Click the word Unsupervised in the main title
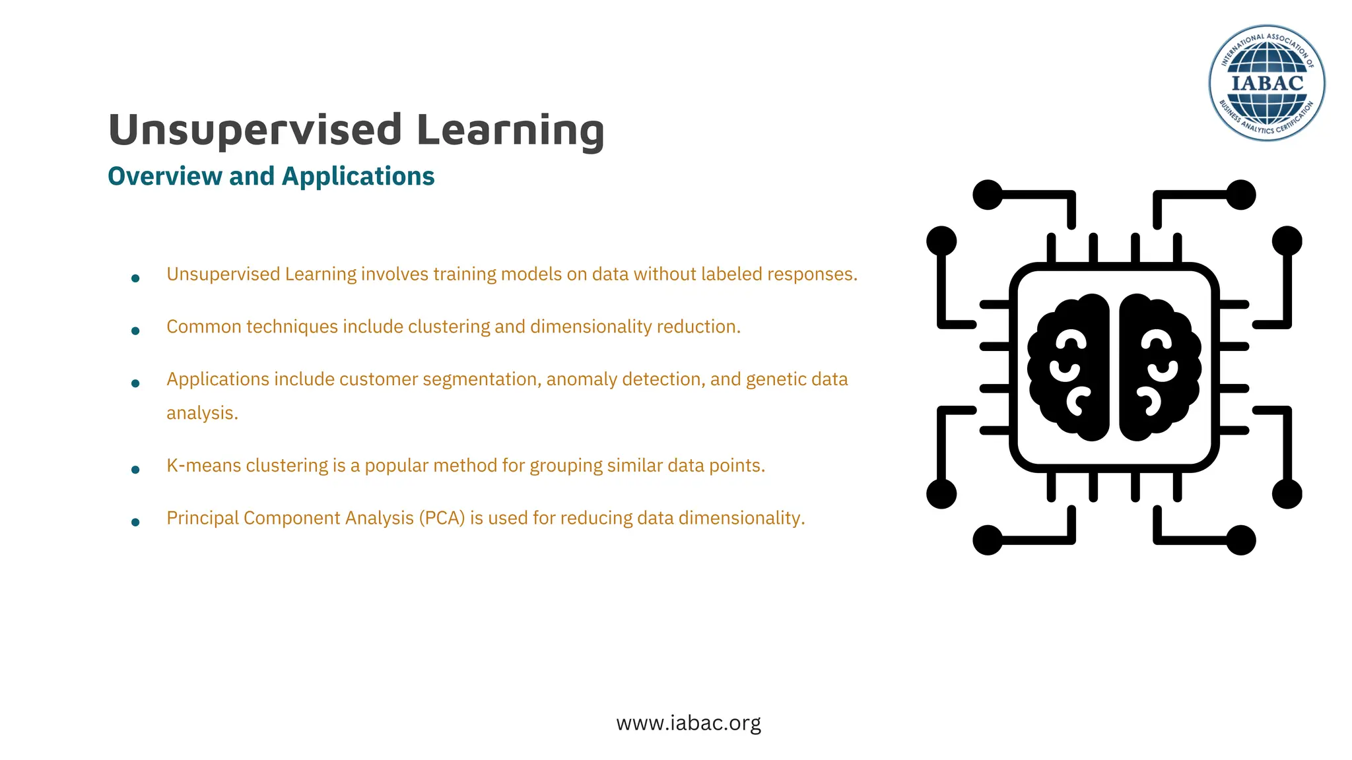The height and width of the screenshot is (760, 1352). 255,130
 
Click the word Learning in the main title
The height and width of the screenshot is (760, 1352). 510,130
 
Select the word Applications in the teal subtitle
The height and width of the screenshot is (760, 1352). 358,177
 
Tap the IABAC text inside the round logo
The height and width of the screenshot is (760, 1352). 1267,84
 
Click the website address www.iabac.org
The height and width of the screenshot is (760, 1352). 689,723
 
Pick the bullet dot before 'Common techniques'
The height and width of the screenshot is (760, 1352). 135,331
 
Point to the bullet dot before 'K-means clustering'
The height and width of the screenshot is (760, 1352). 135,470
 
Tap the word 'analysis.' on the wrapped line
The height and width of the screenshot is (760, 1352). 202,414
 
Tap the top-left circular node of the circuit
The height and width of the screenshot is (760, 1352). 988,195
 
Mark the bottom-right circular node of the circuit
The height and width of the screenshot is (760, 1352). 1240,540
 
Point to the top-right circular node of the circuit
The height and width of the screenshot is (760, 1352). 1240,195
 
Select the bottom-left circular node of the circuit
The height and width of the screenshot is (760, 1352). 988,540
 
